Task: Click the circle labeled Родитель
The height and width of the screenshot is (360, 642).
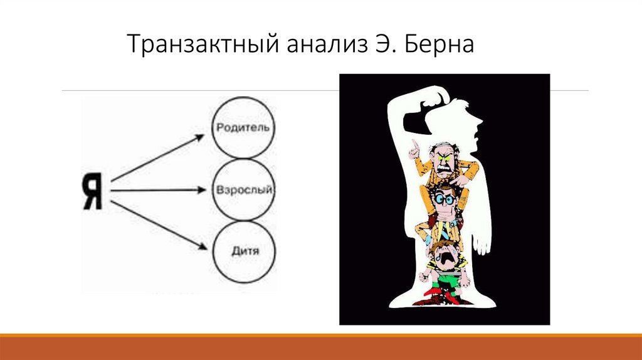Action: pyautogui.click(x=243, y=127)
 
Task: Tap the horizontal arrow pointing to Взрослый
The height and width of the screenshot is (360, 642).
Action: pyautogui.click(x=160, y=188)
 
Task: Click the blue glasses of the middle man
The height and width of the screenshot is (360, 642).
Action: pyautogui.click(x=446, y=199)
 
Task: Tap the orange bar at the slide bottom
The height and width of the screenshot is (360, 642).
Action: pyautogui.click(x=321, y=347)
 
